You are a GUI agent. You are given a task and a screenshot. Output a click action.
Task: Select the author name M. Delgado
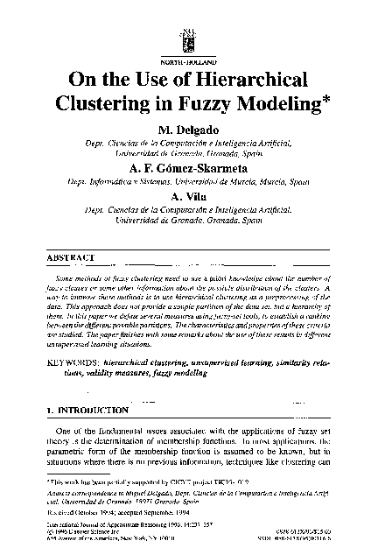[x=187, y=129]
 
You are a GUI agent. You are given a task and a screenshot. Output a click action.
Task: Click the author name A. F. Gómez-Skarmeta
[x=187, y=168]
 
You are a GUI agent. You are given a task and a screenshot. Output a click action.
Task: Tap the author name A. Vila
[x=187, y=195]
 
